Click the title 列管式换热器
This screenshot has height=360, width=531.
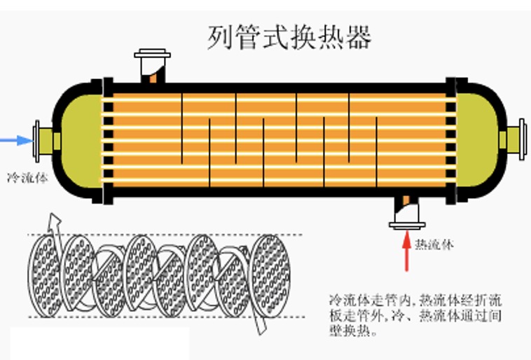[289, 36]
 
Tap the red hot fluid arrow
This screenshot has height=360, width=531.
[406, 252]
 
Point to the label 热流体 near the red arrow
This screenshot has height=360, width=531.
[434, 244]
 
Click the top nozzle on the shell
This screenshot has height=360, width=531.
[152, 64]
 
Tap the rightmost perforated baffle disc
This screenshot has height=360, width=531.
[270, 273]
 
